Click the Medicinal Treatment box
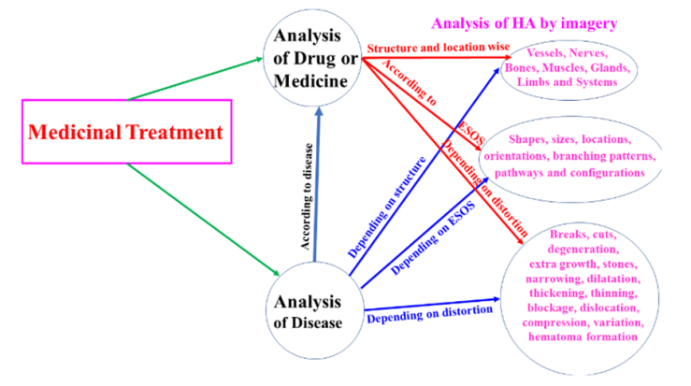click(x=125, y=132)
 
